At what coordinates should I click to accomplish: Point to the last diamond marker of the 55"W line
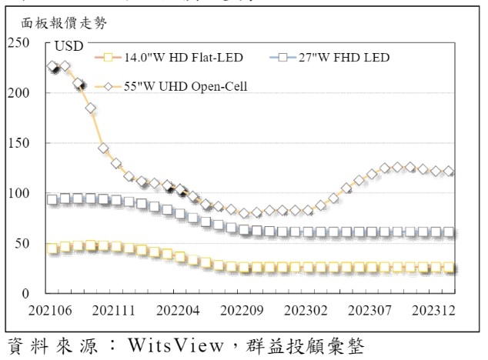(x=450, y=172)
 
